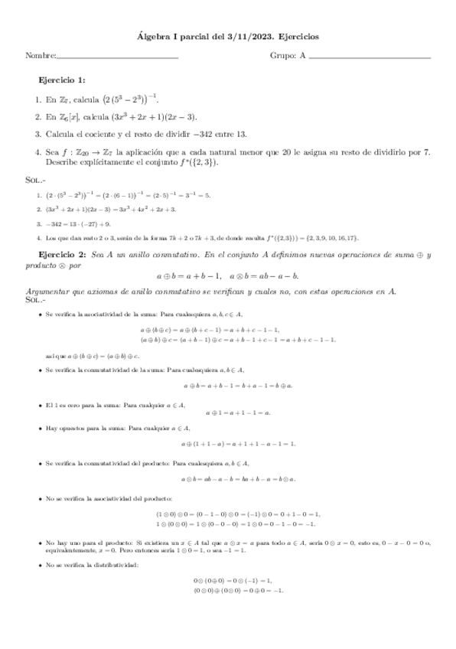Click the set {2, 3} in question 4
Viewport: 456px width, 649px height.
point(206,162)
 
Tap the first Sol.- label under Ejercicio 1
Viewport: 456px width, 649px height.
point(34,179)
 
